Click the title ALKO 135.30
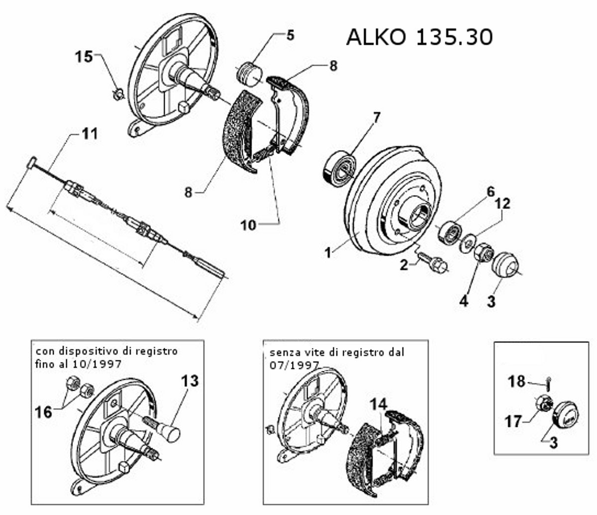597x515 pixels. pos(419,37)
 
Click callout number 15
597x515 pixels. pos(84,57)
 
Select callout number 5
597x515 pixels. pos(290,35)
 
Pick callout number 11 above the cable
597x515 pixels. pos(90,134)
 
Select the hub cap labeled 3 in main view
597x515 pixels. pos(505,263)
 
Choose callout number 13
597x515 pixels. pos(190,381)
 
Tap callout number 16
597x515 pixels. pos(44,412)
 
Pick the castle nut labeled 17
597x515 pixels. pos(543,404)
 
